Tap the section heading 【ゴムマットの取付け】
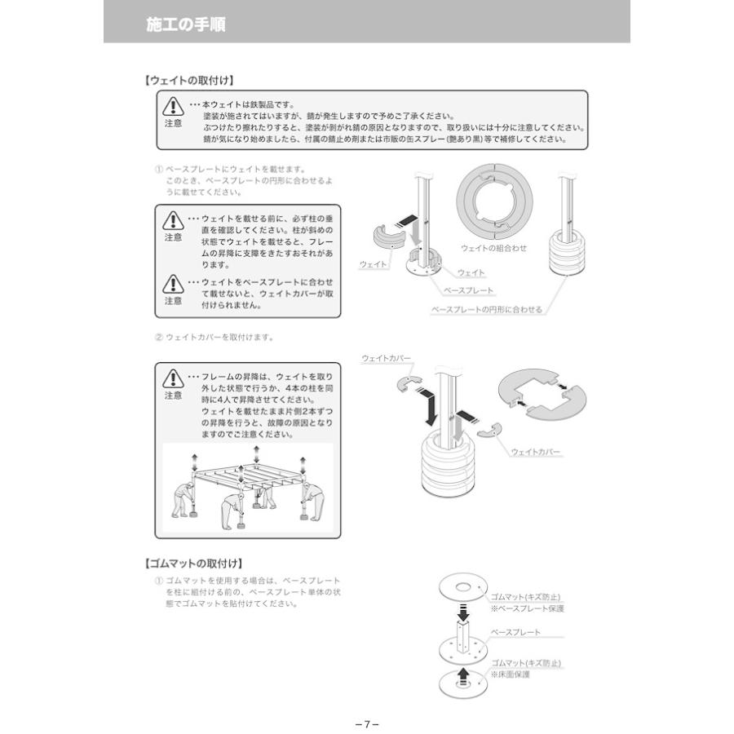pyautogui.click(x=193, y=564)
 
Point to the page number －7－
pyautogui.click(x=367, y=723)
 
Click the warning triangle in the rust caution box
pyautogui.click(x=174, y=107)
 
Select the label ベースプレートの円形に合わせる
pyautogui.click(x=486, y=310)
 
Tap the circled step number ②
pyautogui.click(x=159, y=337)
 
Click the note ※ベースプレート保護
pyautogui.click(x=527, y=608)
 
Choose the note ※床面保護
pyautogui.click(x=511, y=674)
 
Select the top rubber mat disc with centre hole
pyautogui.click(x=462, y=587)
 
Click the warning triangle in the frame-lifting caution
pyautogui.click(x=174, y=378)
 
